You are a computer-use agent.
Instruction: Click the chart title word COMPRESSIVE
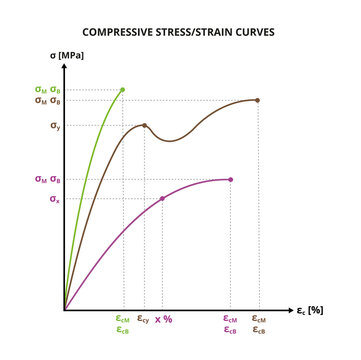[123, 32]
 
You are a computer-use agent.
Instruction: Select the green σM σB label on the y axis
[49, 89]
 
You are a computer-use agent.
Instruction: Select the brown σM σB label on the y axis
[49, 100]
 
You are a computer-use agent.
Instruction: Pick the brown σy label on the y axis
[55, 126]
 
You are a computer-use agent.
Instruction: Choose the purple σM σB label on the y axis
[49, 179]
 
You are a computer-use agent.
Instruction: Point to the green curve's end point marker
[123, 89]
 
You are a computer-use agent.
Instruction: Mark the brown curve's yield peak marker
[145, 126]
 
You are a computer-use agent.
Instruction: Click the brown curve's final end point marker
[258, 100]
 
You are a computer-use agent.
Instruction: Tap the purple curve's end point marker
[231, 179]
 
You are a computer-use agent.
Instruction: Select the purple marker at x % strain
[163, 198]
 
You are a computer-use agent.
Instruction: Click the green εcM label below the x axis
[123, 319]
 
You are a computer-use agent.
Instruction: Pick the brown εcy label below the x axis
[144, 319]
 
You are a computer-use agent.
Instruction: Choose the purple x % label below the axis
[164, 319]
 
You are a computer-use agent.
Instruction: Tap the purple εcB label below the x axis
[230, 330]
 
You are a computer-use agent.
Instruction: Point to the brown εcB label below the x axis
[258, 330]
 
